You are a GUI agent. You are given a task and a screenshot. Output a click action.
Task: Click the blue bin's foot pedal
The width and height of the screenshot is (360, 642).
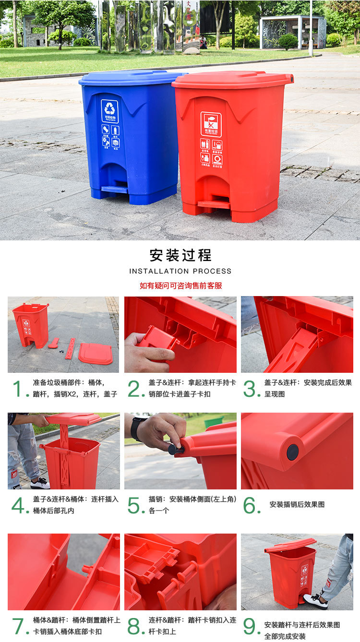point(115,189)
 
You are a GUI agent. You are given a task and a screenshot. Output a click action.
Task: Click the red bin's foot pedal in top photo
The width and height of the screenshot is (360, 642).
point(214,204)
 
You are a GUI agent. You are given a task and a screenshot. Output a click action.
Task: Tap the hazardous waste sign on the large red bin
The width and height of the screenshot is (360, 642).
point(211,123)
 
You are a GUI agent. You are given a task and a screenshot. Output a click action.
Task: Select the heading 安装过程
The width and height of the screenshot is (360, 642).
point(180,255)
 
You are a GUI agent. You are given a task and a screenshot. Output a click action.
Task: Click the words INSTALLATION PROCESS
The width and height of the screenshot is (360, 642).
point(180,271)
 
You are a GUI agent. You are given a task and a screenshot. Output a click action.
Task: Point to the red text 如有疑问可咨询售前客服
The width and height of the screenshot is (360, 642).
point(180,285)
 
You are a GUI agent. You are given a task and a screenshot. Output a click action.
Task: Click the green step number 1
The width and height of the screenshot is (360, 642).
point(18,389)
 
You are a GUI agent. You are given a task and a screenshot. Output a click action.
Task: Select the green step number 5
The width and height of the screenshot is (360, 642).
point(136,505)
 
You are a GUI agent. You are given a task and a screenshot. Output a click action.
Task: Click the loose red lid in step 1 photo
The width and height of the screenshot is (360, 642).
point(96,354)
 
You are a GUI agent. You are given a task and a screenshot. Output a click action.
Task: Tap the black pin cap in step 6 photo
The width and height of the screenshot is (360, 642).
point(292,452)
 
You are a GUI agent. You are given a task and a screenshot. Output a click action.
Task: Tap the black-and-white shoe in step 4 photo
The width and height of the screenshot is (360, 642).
point(39,483)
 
